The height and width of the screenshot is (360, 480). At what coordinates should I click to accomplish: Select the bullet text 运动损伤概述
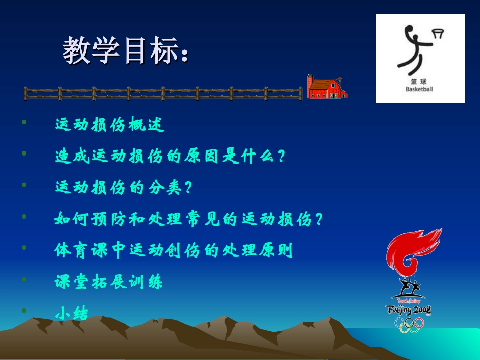[110, 125]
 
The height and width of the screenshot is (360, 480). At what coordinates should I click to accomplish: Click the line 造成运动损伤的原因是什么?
[170, 156]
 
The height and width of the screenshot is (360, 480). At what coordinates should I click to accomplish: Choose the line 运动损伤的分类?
[124, 187]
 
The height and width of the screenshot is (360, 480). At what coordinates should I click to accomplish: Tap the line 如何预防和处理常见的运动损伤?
[188, 219]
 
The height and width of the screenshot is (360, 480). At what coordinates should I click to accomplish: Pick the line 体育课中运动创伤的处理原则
[173, 250]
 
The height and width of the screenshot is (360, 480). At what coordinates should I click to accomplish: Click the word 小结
[72, 314]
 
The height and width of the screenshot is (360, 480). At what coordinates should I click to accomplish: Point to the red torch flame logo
[412, 252]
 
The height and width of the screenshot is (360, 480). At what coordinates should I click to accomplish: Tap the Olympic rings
[409, 324]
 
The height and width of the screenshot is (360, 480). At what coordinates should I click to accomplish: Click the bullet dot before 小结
[24, 311]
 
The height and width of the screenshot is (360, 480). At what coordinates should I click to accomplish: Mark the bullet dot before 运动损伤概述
[24, 121]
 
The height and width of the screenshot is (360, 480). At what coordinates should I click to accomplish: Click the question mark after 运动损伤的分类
[189, 188]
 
